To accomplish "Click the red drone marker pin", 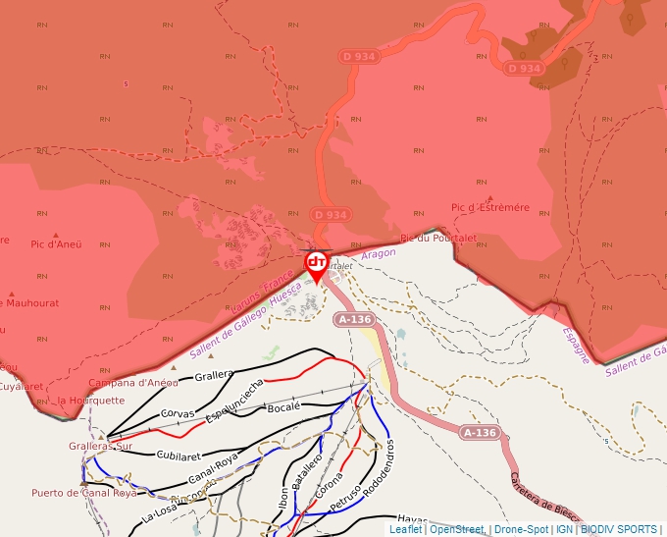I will click(x=316, y=264).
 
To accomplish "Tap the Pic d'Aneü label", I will click(x=55, y=244).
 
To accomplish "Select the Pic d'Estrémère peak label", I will click(x=489, y=207).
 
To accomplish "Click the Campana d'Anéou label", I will click(x=133, y=382).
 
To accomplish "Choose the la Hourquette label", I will click(x=91, y=401).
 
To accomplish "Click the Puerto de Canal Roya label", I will click(x=84, y=493).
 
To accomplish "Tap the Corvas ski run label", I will click(x=178, y=414).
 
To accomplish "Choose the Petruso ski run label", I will click(x=346, y=495).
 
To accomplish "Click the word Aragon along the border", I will click(x=379, y=253).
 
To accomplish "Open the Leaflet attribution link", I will click(x=405, y=529).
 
